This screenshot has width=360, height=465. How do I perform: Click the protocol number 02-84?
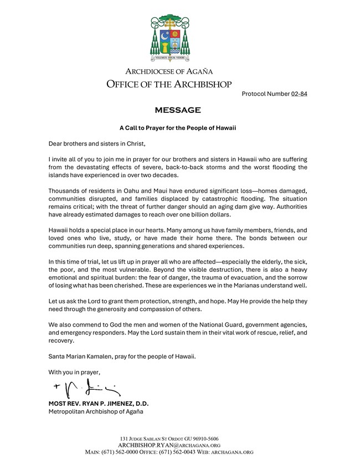299,94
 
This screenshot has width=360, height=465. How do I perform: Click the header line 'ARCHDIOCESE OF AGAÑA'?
169,71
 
